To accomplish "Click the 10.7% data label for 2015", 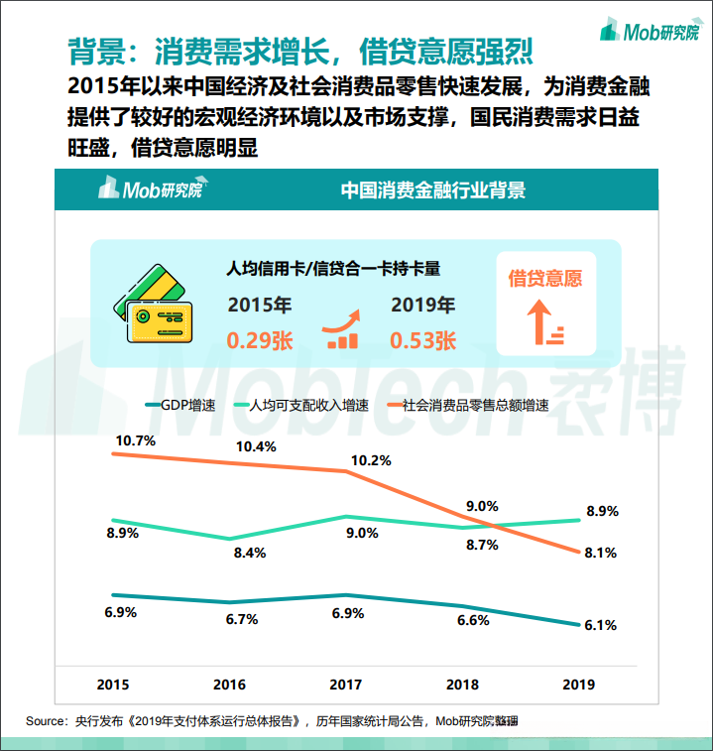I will tap(135, 439).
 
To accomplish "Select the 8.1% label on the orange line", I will tap(602, 553).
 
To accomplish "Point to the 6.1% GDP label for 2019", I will tap(601, 625).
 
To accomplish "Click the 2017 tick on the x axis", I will tap(346, 685).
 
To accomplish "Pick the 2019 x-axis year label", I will tap(578, 685).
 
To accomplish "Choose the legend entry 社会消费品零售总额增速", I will tap(472, 406).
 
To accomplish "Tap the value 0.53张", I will tap(423, 340).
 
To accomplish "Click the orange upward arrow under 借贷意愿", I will tap(542, 323).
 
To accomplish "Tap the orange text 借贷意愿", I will tap(545, 278).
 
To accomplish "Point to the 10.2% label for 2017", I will tap(371, 460).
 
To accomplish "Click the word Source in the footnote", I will tap(45, 720).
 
